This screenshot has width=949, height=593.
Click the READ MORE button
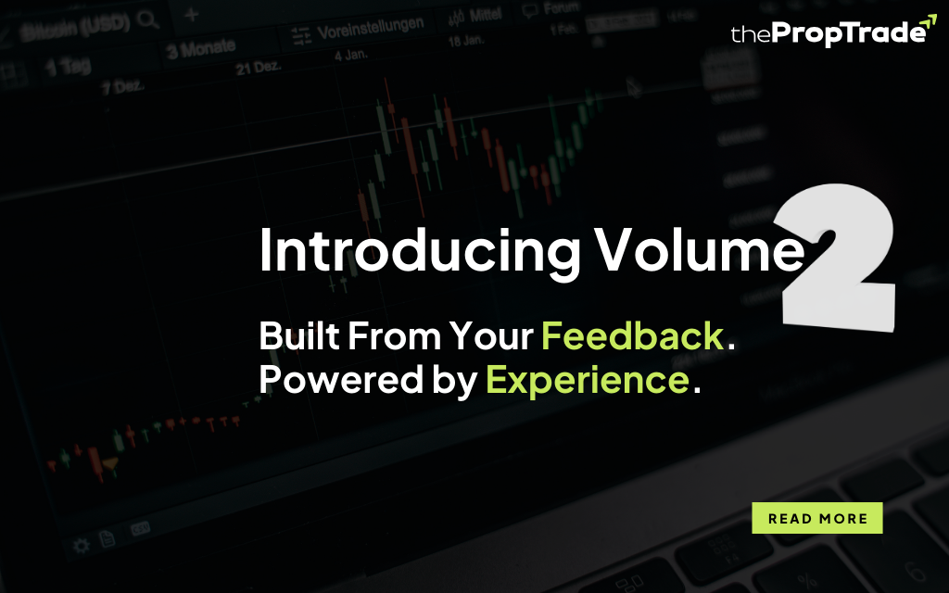coord(817,518)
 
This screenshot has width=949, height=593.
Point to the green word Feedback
coord(632,335)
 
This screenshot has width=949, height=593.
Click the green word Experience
coord(588,380)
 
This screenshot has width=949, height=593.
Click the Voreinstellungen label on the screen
coord(371,27)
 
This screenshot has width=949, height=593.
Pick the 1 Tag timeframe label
coord(69,67)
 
